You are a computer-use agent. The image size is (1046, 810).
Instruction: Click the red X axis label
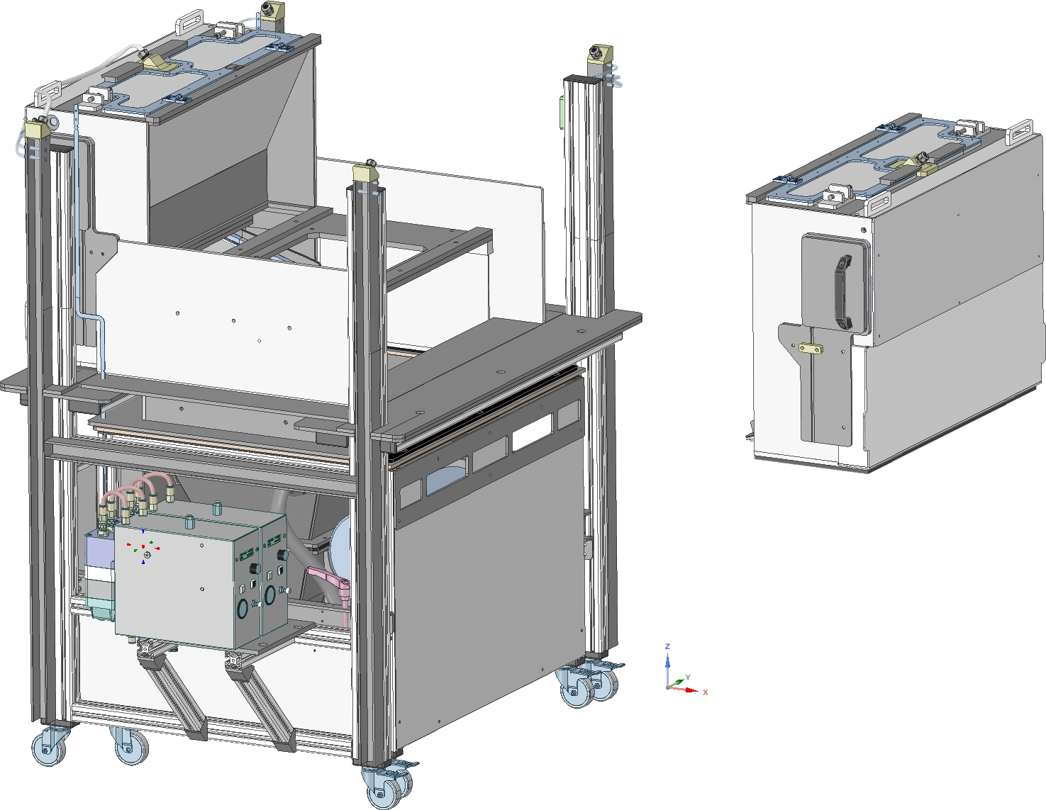coord(705,692)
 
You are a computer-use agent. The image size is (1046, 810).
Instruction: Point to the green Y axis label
coord(688,677)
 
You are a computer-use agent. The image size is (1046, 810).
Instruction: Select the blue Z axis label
coord(667,646)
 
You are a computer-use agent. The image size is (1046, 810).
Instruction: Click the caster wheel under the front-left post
coord(48,746)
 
